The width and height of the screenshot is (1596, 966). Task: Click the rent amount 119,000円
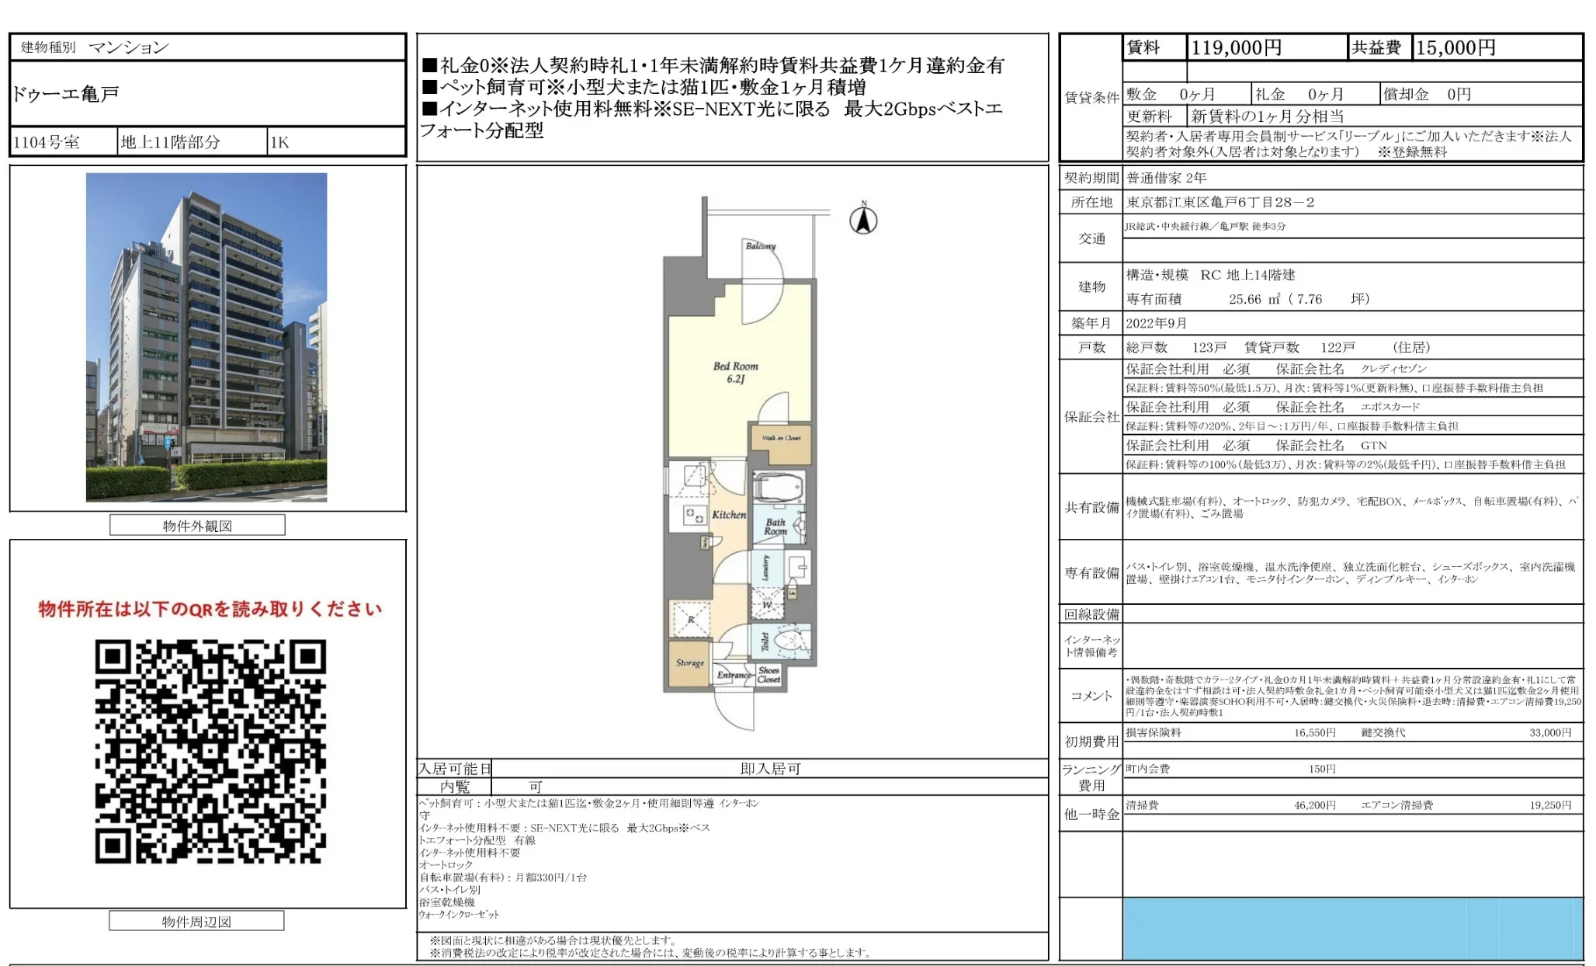tap(1236, 48)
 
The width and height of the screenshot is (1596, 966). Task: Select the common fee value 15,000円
tap(1455, 48)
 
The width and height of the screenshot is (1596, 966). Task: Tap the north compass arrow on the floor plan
tap(863, 220)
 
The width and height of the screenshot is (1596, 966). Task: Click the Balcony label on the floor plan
tap(760, 246)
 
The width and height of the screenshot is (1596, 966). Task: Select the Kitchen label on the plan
tap(728, 515)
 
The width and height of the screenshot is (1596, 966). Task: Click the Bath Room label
tap(775, 526)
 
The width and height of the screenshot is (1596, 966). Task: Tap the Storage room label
tap(689, 663)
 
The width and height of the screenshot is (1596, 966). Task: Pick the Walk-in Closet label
tap(781, 438)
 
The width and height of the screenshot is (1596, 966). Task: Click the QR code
tap(210, 751)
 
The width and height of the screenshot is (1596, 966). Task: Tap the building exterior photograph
tap(206, 337)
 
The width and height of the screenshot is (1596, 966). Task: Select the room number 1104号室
tap(47, 142)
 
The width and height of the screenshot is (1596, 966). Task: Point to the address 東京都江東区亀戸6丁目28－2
tap(1220, 203)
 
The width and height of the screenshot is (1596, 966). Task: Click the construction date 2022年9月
tap(1157, 323)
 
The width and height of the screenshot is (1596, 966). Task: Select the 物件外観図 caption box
tap(197, 526)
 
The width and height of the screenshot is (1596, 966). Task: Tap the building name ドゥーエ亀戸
tap(66, 95)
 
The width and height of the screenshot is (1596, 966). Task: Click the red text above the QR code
tap(210, 610)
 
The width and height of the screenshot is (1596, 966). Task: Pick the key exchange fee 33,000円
tap(1549, 732)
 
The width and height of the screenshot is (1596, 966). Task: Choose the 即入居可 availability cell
tap(770, 769)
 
